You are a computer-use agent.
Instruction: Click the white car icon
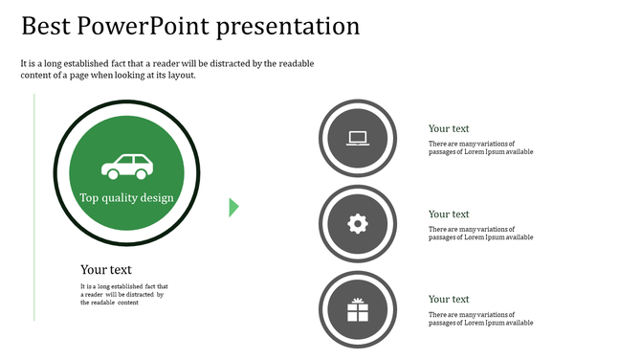[128, 167]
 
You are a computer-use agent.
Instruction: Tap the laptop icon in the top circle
[357, 138]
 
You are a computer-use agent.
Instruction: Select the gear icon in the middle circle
[357, 224]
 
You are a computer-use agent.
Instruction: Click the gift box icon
[357, 309]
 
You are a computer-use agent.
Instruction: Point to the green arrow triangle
[233, 207]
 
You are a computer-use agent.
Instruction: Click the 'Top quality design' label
[127, 198]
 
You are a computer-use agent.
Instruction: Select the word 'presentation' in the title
[288, 26]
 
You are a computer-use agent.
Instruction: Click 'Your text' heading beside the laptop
[449, 128]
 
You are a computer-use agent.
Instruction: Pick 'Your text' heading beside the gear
[449, 214]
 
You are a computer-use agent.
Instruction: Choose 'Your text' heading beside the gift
[449, 299]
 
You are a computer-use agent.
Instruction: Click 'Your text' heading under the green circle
[106, 270]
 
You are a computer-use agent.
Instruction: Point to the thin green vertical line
[35, 206]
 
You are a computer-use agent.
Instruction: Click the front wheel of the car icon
[143, 174]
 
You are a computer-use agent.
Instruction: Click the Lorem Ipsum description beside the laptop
[480, 147]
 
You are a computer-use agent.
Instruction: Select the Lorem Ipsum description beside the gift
[480, 319]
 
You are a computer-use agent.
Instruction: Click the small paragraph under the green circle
[123, 294]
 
